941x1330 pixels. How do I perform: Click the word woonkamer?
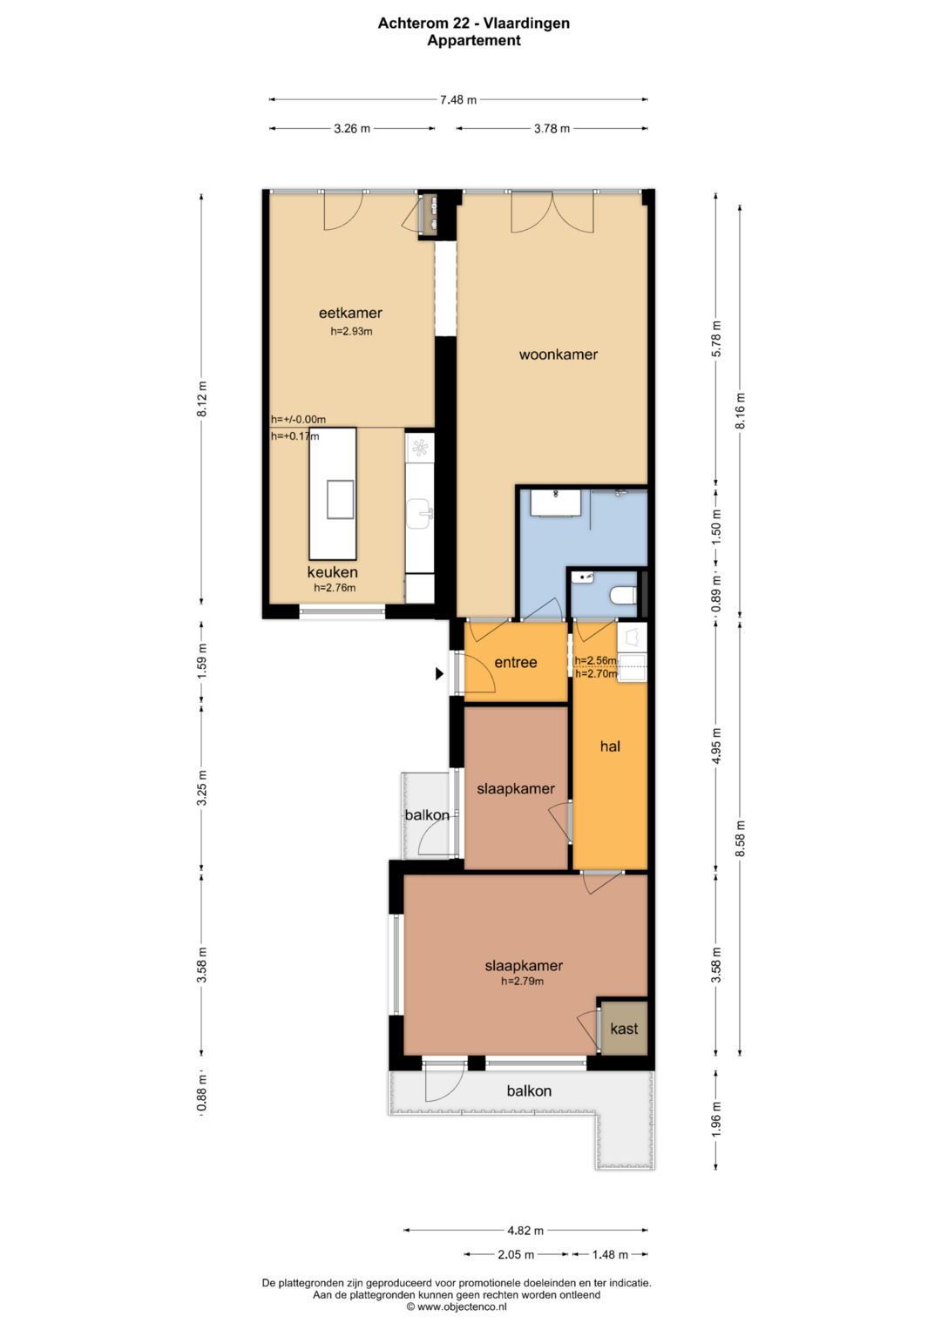tap(559, 354)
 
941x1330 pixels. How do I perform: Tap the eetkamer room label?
tap(350, 313)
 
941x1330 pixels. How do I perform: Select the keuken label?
tap(333, 572)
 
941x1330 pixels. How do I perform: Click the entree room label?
tap(516, 663)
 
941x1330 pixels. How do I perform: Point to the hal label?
tap(610, 746)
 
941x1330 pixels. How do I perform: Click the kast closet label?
tap(624, 1029)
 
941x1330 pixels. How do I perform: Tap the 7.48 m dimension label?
tap(458, 100)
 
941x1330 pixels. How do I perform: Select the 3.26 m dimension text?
tap(352, 128)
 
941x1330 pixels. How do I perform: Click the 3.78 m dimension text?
tap(552, 128)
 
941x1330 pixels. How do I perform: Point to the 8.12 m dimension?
tap(202, 399)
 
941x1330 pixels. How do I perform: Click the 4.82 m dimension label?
tap(525, 1231)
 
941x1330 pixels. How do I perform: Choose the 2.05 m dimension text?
tap(516, 1254)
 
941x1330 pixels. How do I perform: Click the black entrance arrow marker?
tap(440, 674)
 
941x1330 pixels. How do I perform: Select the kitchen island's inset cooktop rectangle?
tap(341, 499)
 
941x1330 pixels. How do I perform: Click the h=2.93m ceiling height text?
tap(352, 331)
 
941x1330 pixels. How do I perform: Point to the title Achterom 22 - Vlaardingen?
tap(474, 24)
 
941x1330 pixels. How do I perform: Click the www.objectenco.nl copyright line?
tap(457, 1306)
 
